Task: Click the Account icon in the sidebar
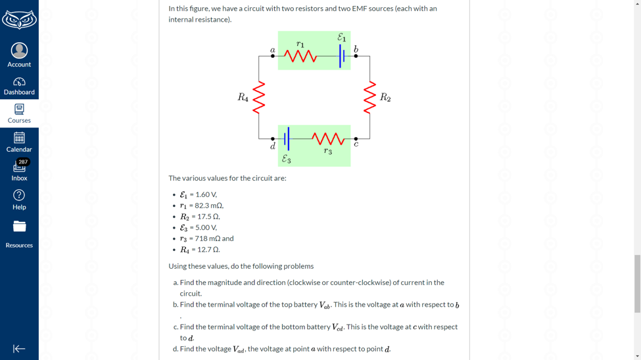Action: [19, 51]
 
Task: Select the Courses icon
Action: [19, 109]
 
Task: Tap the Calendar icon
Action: [19, 138]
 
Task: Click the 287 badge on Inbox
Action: [23, 162]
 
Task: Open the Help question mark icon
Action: [19, 195]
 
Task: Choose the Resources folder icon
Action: [19, 226]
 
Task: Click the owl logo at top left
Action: [19, 20]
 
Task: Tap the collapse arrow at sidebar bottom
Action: [19, 349]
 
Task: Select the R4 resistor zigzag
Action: [259, 97]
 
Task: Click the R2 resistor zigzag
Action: [369, 97]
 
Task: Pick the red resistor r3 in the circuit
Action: [328, 139]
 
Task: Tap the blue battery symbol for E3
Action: [287, 139]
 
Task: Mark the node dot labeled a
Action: [273, 56]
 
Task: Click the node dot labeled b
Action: [356, 56]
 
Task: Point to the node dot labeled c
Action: [356, 139]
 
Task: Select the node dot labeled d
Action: [273, 139]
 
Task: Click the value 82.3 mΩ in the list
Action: [206, 206]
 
